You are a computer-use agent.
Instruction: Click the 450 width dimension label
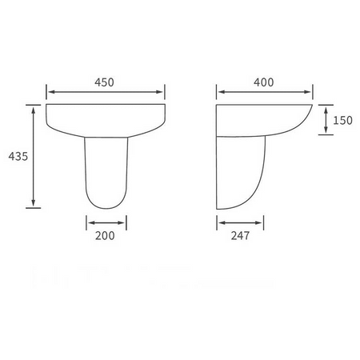tap(104, 82)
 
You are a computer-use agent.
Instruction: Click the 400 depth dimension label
tap(263, 82)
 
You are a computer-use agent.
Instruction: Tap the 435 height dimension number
tap(18, 156)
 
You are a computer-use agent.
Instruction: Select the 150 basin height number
tap(342, 121)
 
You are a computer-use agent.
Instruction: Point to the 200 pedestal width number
tap(105, 236)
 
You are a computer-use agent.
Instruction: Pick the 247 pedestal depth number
tap(240, 236)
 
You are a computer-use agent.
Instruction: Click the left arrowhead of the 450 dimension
tap(52, 92)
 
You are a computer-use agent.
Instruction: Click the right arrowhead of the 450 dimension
tap(159, 92)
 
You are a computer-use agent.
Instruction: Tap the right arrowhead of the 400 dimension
tap(307, 92)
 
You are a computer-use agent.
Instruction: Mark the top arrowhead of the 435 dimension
tap(34, 110)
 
